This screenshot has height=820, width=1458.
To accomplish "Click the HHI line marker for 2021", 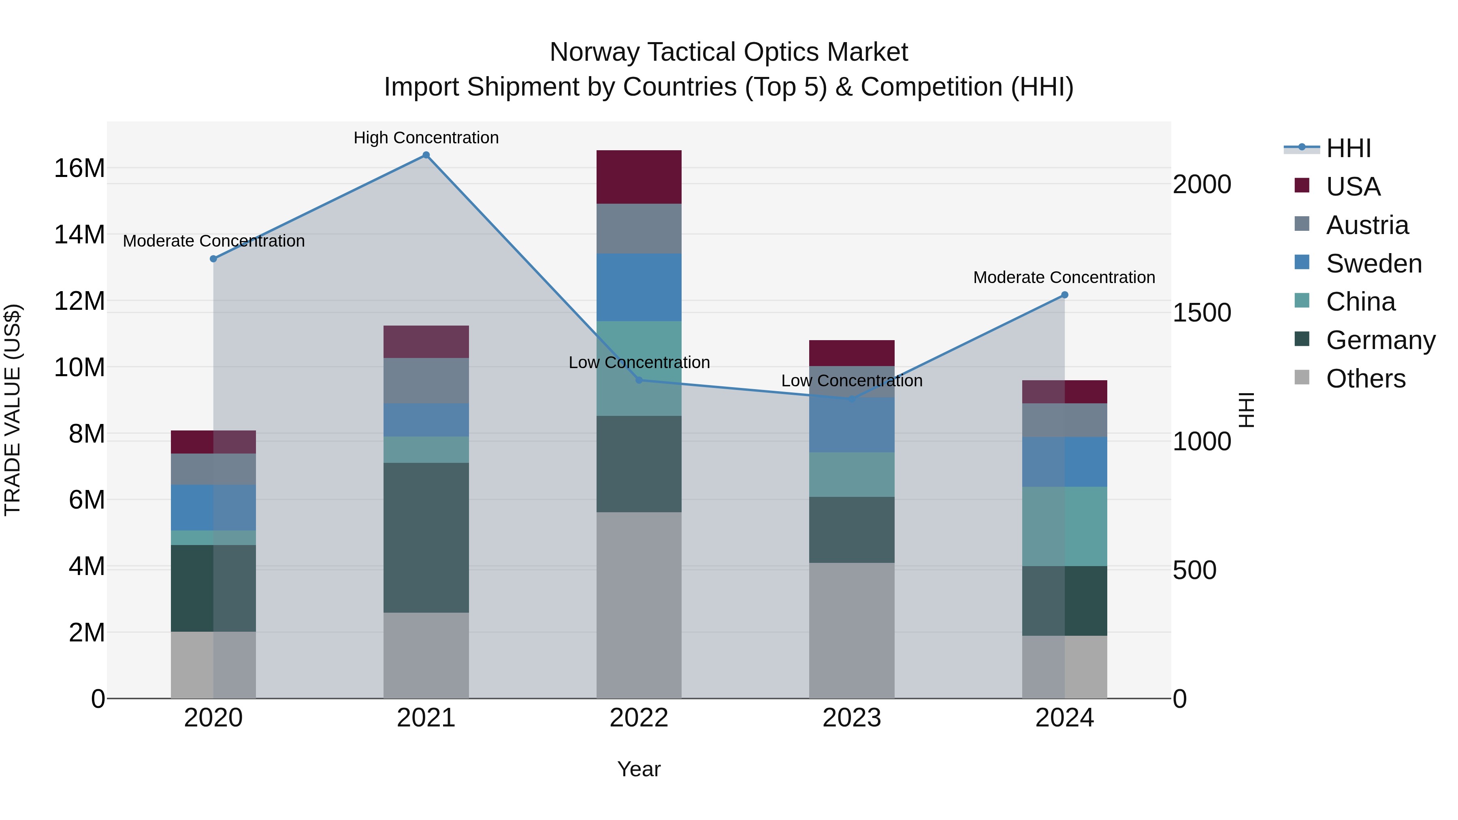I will [x=426, y=155].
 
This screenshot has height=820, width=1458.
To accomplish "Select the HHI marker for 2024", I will [x=1064, y=295].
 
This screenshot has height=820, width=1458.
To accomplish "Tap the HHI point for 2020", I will [x=213, y=259].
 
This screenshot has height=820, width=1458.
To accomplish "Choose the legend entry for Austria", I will [x=1366, y=225].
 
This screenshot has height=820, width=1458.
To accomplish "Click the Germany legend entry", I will [x=1380, y=340].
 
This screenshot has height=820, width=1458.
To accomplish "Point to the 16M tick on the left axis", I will [x=79, y=168].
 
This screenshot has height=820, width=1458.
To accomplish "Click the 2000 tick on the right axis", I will [x=1202, y=185].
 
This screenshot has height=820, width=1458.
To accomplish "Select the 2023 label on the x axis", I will [x=851, y=718].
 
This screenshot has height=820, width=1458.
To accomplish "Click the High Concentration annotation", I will [x=426, y=138].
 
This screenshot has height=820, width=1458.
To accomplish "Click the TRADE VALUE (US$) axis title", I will [x=13, y=410].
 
